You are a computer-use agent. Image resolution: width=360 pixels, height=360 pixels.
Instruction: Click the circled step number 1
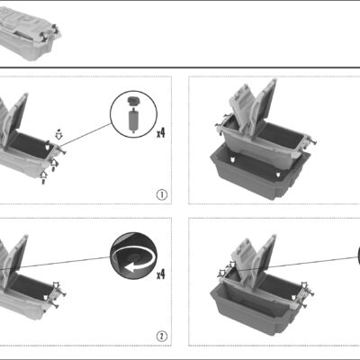[x=162, y=195]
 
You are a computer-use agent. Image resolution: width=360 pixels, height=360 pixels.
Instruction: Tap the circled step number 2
[x=162, y=337]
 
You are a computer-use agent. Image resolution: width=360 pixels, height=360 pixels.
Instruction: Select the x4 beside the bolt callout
[x=161, y=132]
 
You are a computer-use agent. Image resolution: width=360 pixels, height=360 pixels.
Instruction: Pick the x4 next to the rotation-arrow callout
[x=161, y=274]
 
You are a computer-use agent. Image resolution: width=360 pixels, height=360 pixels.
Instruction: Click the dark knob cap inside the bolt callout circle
[x=133, y=101]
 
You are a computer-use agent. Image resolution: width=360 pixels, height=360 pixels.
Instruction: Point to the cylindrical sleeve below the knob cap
[x=133, y=121]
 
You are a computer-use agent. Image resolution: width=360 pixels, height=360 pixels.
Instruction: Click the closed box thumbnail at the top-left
[x=29, y=33]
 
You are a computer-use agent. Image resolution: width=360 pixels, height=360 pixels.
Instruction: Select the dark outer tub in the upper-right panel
[x=258, y=174]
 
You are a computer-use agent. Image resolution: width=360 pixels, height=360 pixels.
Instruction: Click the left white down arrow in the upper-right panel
[x=232, y=160]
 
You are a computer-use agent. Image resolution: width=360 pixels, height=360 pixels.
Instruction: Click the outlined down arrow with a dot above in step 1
[x=59, y=134]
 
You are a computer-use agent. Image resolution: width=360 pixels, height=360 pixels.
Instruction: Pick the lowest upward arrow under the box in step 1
[x=44, y=177]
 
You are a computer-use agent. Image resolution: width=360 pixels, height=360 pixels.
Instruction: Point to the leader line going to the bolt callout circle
[x=85, y=135]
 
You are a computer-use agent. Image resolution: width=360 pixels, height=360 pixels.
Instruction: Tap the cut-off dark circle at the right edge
[x=359, y=256]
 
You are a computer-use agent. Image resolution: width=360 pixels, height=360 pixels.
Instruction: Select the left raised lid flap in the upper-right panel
[x=240, y=110]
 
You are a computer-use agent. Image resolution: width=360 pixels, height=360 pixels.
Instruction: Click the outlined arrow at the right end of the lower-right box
[x=304, y=285]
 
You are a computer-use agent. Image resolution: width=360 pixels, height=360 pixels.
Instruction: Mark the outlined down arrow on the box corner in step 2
[x=56, y=285]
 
